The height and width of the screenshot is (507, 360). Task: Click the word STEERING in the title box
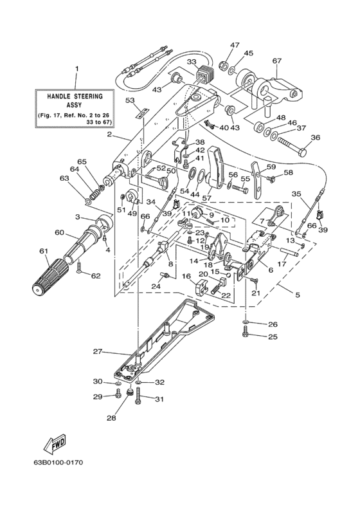[88, 96]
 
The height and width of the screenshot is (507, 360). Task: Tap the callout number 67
[277, 60]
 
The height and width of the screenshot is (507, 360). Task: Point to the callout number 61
[44, 250]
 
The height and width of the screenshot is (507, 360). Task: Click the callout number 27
[98, 352]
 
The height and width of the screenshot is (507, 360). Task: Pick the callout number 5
[298, 295]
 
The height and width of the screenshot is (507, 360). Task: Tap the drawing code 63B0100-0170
[58, 463]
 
